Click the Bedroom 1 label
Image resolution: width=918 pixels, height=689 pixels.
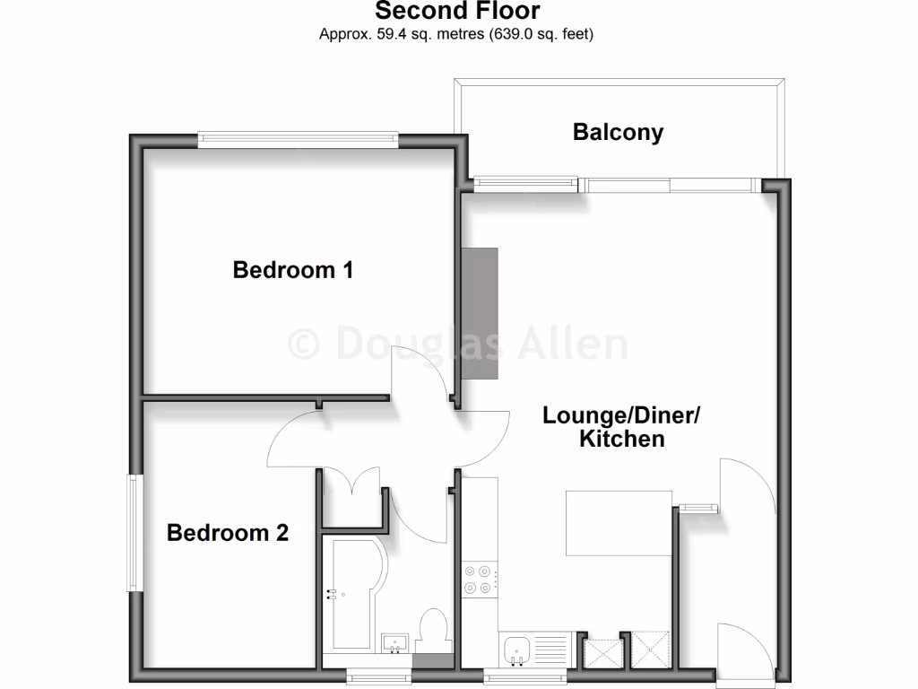point(292,269)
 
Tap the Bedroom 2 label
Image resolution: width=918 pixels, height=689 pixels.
point(228,533)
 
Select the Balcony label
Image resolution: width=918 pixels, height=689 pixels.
point(618,133)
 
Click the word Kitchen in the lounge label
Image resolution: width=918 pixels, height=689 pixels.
point(621,439)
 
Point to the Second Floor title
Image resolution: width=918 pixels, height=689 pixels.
point(457,12)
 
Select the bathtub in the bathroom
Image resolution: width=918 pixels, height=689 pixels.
point(353,594)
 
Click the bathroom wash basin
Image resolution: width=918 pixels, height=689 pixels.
point(395,643)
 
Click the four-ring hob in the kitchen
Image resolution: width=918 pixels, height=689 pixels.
point(478,580)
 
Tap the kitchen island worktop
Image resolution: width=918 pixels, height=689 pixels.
point(619,524)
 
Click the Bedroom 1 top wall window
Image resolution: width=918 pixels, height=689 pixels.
point(298,139)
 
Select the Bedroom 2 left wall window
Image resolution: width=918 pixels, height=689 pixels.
point(134,534)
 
